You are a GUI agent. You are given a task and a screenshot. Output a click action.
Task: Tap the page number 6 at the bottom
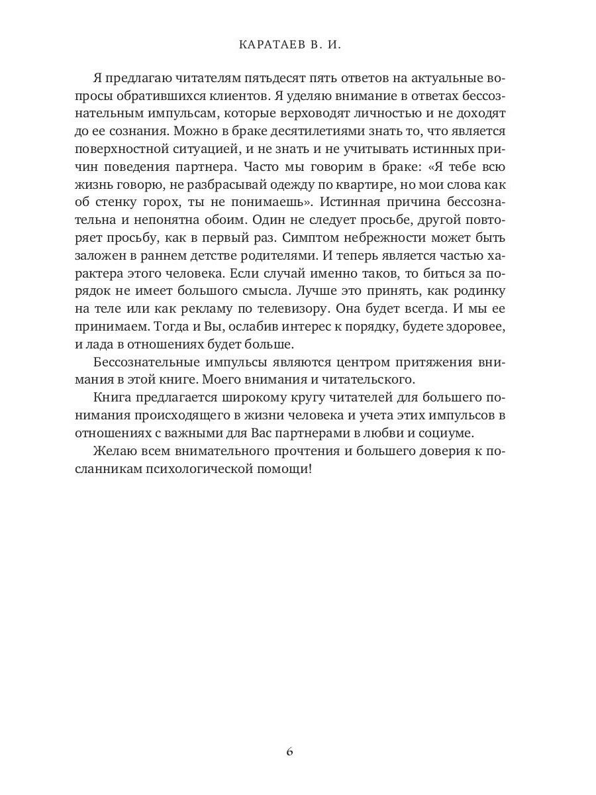pyautogui.click(x=289, y=751)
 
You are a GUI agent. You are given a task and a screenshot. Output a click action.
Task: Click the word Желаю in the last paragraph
pyautogui.click(x=115, y=451)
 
